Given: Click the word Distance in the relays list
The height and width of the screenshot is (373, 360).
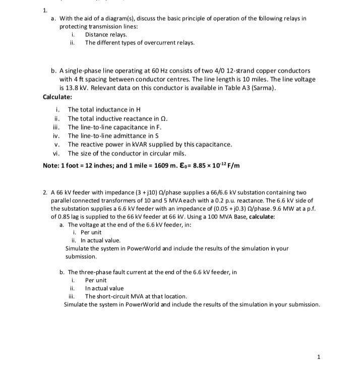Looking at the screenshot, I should (x=96, y=34).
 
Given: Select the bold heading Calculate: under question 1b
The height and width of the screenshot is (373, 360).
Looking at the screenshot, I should (x=57, y=96).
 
